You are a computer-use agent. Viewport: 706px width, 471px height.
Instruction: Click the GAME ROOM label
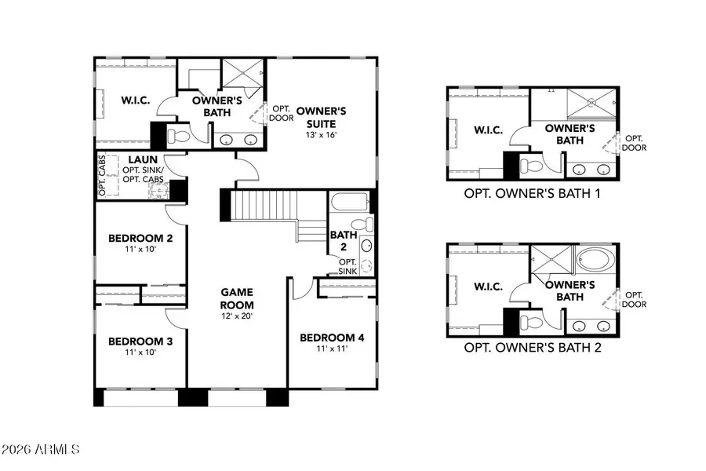[238, 297]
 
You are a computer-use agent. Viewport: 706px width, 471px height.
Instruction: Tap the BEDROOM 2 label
[140, 239]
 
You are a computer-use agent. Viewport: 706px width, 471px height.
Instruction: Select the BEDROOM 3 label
[140, 341]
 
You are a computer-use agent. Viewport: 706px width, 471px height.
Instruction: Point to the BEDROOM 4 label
[332, 338]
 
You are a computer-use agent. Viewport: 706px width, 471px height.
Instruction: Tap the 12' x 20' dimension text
[238, 316]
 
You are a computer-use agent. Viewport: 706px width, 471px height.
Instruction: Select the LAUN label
[144, 159]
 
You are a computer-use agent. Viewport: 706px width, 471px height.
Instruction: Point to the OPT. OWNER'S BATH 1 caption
[533, 192]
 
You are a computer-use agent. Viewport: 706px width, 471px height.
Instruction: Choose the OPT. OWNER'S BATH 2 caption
[533, 347]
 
